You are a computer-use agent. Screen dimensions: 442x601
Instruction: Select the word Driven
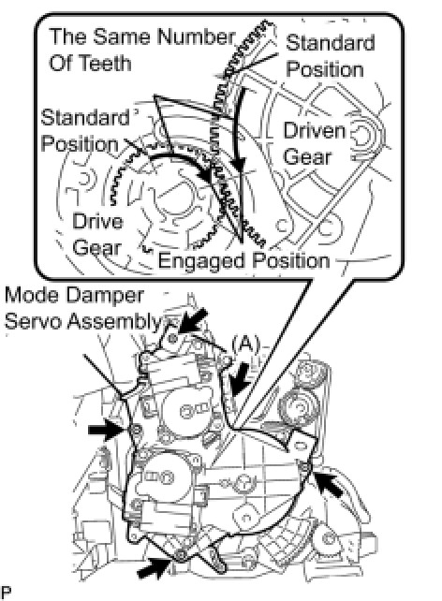[315, 131]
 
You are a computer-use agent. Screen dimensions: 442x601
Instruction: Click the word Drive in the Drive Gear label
[97, 222]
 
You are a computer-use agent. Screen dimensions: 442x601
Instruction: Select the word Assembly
[114, 321]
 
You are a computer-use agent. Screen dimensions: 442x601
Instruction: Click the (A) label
[245, 344]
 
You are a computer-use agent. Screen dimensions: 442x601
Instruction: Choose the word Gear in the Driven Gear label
[306, 157]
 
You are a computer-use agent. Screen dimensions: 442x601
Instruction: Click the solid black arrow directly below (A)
[240, 379]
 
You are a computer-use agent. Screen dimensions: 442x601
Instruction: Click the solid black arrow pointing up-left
[328, 484]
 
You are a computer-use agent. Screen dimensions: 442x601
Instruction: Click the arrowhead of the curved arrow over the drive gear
[207, 177]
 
